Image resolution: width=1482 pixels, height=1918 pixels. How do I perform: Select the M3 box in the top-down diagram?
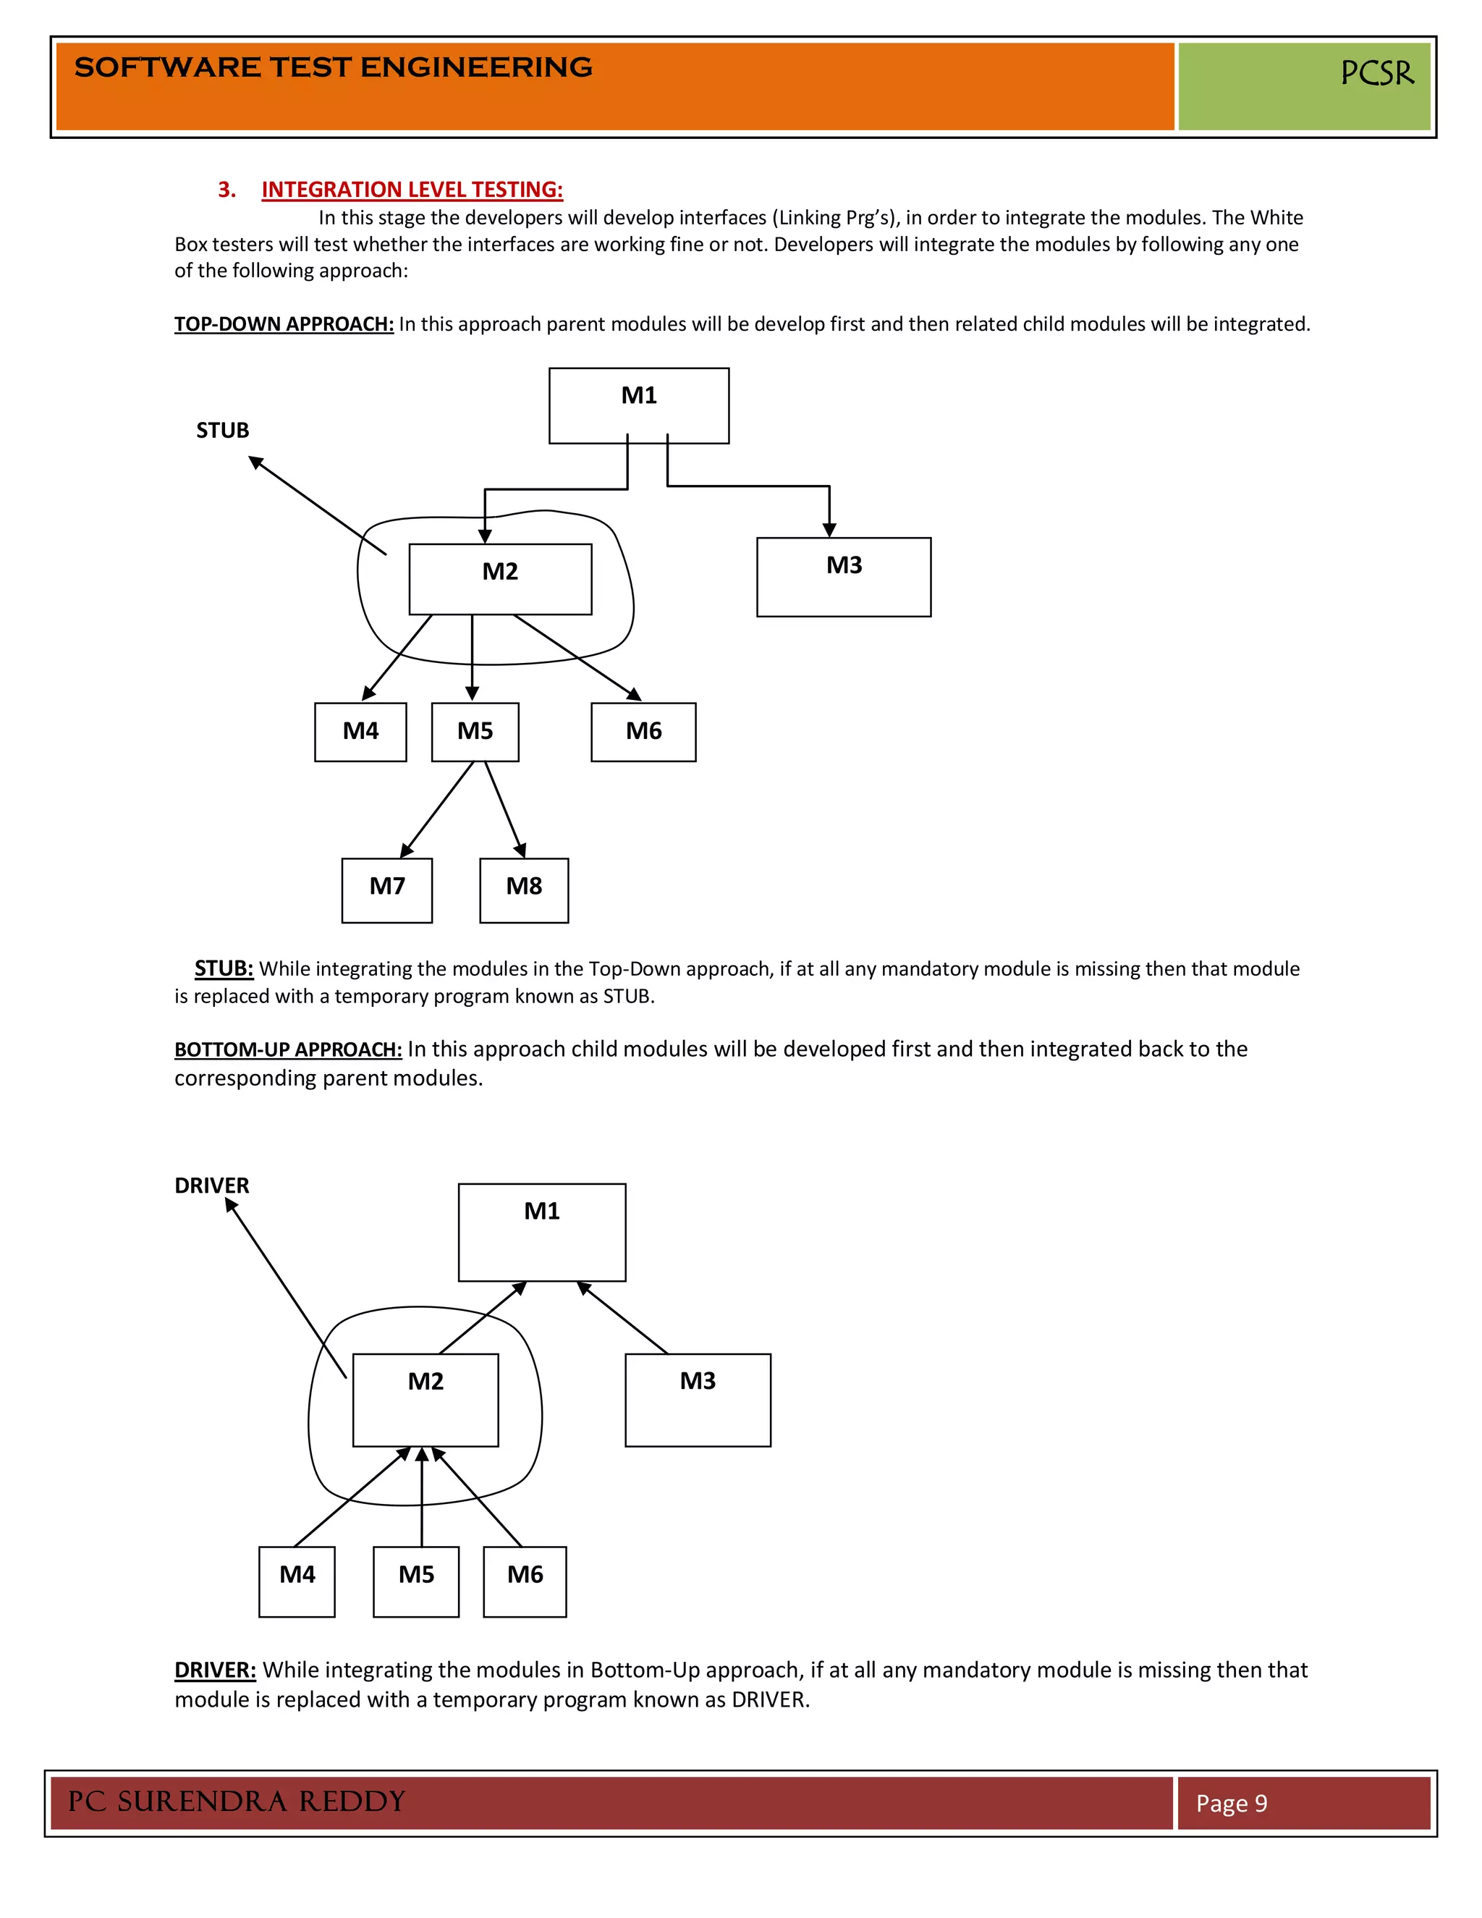(x=843, y=576)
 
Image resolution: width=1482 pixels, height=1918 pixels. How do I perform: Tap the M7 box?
(x=386, y=890)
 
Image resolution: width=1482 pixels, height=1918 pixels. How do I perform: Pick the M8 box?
(x=523, y=890)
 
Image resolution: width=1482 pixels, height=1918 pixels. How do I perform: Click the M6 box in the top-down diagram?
(x=643, y=731)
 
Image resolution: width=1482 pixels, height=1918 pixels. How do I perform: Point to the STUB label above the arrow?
(x=222, y=431)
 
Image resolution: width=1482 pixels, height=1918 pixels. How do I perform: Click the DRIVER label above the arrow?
(x=211, y=1186)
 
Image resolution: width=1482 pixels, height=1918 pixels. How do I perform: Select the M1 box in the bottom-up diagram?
(x=542, y=1231)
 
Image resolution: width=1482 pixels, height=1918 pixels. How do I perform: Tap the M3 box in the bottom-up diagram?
(x=697, y=1399)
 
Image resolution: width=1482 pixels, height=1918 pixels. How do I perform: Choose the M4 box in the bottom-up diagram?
(x=297, y=1581)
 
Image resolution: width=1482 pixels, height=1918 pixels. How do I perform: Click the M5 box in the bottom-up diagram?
(x=415, y=1581)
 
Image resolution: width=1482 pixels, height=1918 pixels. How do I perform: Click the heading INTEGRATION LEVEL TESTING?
(x=412, y=190)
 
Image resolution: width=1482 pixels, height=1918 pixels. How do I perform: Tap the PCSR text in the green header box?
(x=1376, y=73)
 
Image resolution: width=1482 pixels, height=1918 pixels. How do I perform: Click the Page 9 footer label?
(x=1231, y=1803)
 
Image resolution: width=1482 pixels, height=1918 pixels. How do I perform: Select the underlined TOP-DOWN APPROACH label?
(x=284, y=324)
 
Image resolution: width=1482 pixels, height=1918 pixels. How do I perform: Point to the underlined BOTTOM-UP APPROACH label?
(x=288, y=1049)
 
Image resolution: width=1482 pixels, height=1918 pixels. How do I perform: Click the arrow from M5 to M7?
(x=436, y=810)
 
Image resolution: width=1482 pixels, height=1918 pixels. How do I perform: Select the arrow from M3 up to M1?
(x=622, y=1317)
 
